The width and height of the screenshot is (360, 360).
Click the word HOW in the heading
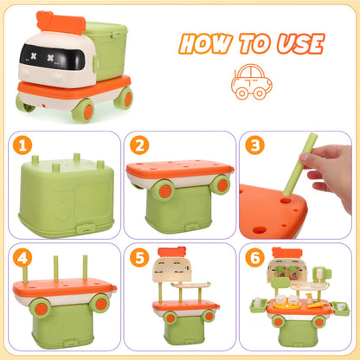point(202,45)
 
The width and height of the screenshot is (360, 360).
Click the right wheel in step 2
point(222,184)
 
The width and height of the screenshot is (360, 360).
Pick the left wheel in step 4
point(40,305)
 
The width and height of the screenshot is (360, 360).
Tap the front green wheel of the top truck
point(85,109)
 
